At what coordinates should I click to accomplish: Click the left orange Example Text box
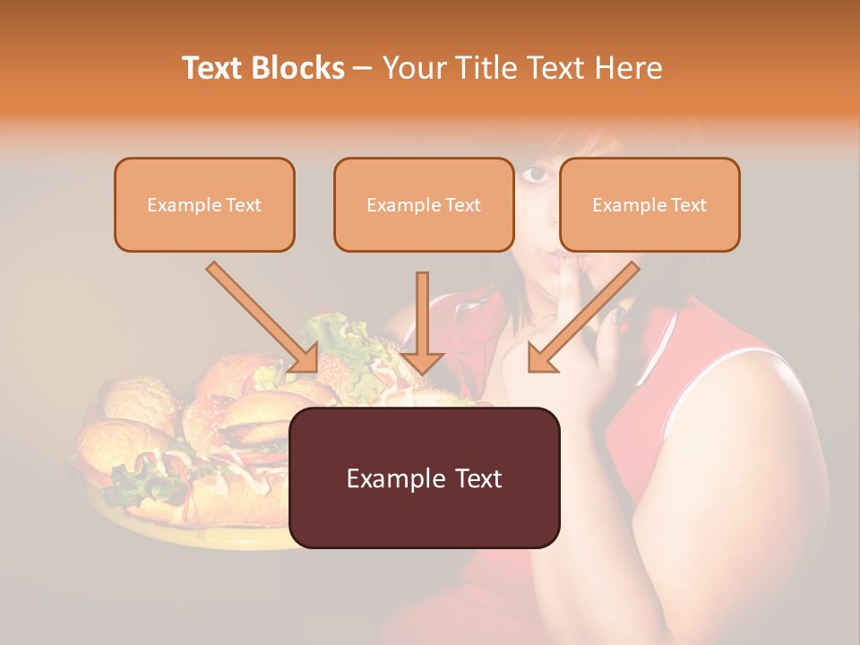(x=204, y=204)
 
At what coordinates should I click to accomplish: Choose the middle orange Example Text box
(x=424, y=204)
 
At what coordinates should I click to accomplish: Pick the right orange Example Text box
(x=649, y=204)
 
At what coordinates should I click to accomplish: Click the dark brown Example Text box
(x=425, y=477)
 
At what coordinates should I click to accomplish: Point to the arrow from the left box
(x=263, y=318)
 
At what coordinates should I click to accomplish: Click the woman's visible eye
(x=536, y=174)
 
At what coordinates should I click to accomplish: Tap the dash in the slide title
(x=363, y=68)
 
